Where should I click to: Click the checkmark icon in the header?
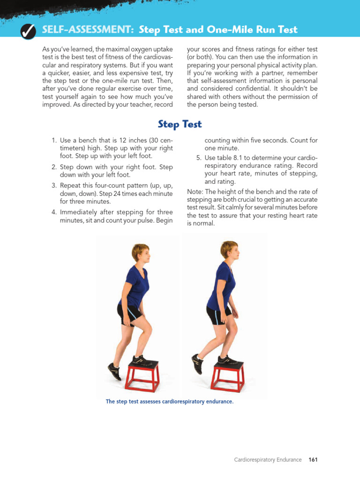[28, 31]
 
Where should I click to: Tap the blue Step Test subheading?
[180, 124]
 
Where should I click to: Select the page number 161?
[313, 459]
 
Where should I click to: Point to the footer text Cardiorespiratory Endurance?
[268, 459]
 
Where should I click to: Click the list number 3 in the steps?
[54, 186]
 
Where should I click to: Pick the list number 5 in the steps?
[199, 157]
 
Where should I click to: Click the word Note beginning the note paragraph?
[195, 192]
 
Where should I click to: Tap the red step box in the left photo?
[142, 375]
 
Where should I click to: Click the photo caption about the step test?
[170, 401]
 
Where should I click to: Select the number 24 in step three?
[117, 194]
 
